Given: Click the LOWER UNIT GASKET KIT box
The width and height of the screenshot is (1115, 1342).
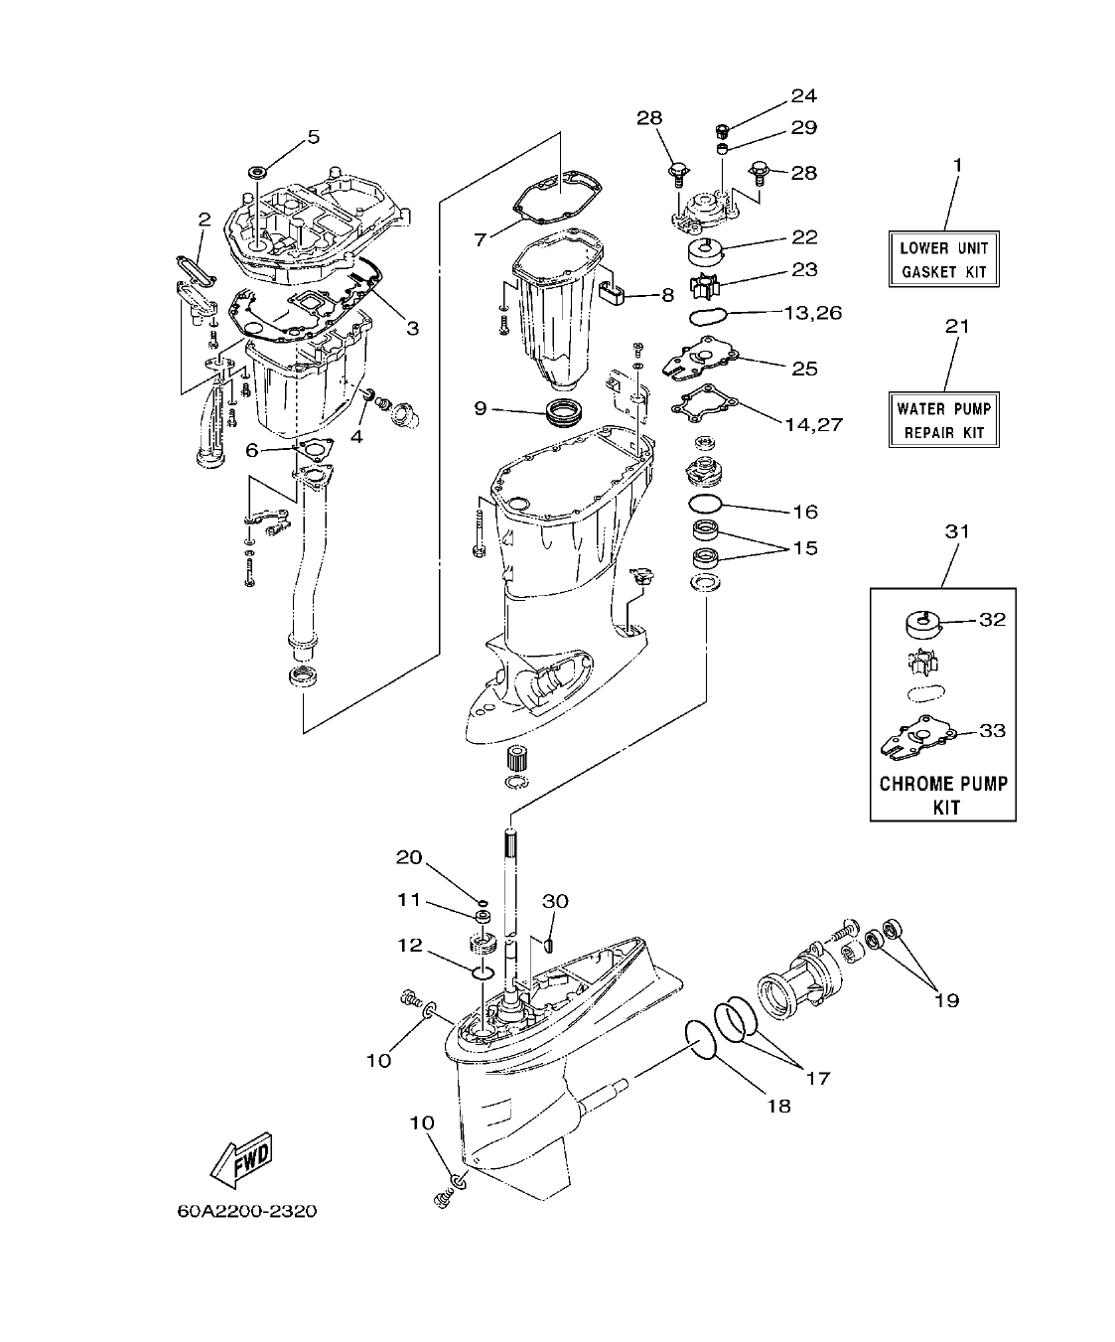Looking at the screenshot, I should coord(943,260).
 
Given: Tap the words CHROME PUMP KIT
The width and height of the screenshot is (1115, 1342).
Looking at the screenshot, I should coord(943,795).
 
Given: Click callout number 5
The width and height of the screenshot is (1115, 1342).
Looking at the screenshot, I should coord(314,137).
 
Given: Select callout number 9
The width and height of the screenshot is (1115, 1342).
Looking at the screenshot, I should coord(481,407).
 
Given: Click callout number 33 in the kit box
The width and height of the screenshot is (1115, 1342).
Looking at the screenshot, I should coord(992,730).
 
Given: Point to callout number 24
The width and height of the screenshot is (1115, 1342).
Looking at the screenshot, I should coord(803,95).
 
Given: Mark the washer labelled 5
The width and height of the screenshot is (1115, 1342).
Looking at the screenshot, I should coord(256,173).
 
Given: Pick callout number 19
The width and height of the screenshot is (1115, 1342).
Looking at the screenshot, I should coord(946,999).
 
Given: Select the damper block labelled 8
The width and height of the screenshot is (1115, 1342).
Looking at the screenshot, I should coord(616,292).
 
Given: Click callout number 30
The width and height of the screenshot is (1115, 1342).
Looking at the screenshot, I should coord(555,901).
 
